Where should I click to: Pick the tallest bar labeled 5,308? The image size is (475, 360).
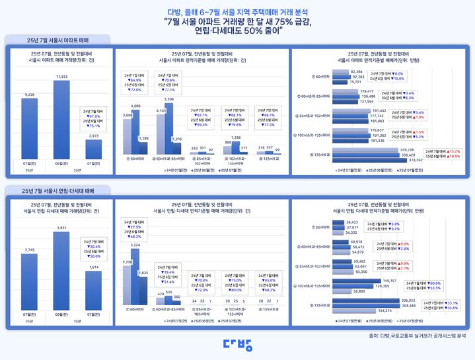170,132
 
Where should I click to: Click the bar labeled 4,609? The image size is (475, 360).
135,135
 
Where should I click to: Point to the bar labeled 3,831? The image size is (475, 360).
61,271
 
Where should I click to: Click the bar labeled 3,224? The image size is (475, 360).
135,277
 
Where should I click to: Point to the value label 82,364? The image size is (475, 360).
357,71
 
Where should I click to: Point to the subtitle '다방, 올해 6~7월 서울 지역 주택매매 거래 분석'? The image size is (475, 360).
237,11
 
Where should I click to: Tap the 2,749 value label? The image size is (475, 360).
28,250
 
